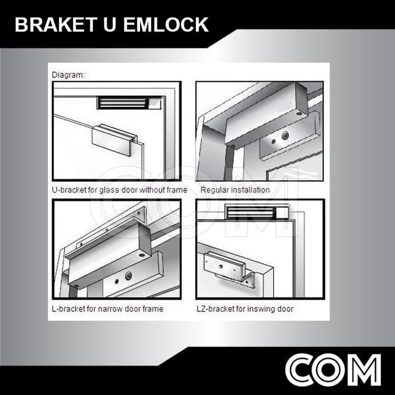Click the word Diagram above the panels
(68, 74)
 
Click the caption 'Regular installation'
(235, 190)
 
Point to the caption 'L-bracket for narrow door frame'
(107, 309)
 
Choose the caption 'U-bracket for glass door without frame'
(119, 190)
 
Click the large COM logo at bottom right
(333, 370)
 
